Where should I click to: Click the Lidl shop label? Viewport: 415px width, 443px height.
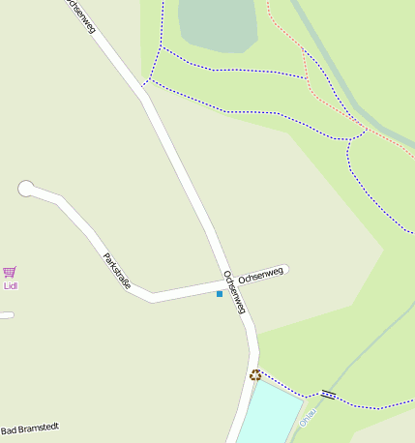click(11, 285)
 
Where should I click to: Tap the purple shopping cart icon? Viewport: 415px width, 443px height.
click(10, 273)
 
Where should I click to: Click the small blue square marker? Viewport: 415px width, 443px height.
click(220, 293)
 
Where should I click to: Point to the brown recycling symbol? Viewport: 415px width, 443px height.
click(255, 374)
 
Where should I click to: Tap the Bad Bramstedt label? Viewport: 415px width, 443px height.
click(29, 429)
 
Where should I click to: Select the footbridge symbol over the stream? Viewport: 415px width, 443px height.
click(328, 394)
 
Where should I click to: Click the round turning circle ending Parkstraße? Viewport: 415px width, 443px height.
click(25, 189)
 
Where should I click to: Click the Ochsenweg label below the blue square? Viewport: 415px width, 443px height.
click(234, 291)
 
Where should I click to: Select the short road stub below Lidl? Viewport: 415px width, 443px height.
click(6, 315)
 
